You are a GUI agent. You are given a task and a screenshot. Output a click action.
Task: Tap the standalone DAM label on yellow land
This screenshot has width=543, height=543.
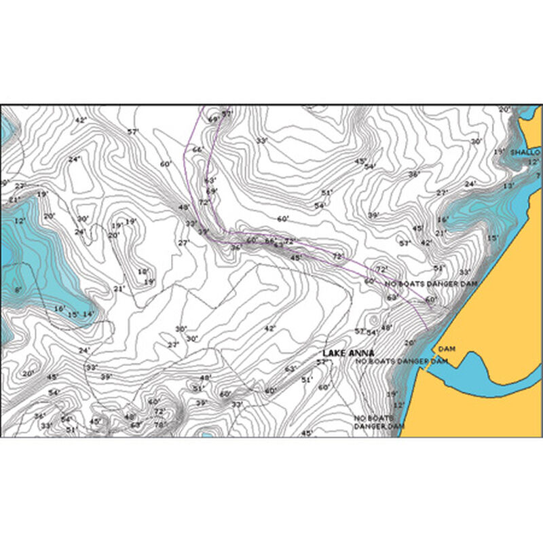(x=445, y=349)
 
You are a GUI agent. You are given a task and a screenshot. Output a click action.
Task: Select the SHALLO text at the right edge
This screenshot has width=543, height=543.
(x=525, y=153)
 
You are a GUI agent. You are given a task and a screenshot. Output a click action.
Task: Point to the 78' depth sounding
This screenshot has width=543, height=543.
(x=160, y=425)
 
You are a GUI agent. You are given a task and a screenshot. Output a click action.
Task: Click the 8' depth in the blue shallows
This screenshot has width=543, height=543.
(x=18, y=290)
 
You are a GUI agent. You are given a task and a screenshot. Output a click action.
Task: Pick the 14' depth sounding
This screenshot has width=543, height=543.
(x=88, y=314)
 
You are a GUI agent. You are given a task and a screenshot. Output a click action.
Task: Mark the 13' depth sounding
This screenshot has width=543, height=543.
(x=508, y=186)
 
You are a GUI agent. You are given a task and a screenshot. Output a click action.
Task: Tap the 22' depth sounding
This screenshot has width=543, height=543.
(x=20, y=186)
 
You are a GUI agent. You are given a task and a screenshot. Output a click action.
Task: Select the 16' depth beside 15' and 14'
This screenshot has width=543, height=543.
(x=60, y=309)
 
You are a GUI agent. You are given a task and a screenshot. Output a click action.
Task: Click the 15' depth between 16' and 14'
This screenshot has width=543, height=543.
(x=73, y=314)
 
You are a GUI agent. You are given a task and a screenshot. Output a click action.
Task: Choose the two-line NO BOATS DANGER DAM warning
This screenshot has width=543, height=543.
(x=379, y=422)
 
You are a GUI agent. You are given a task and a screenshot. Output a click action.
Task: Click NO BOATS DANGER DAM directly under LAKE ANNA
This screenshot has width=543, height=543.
(x=402, y=362)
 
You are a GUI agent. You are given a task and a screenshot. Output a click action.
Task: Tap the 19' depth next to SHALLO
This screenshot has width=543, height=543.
(x=499, y=152)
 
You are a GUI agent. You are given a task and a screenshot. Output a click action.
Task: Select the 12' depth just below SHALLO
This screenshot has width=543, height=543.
(x=533, y=162)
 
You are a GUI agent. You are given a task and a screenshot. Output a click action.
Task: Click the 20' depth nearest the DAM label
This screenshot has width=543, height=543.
(x=409, y=343)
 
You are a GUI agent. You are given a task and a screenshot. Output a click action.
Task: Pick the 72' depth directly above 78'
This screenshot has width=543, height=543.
(x=159, y=411)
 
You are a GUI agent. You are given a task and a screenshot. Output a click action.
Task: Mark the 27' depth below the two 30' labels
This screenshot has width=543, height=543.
(x=173, y=345)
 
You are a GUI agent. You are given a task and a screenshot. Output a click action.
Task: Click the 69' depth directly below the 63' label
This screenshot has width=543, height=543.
(x=211, y=191)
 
